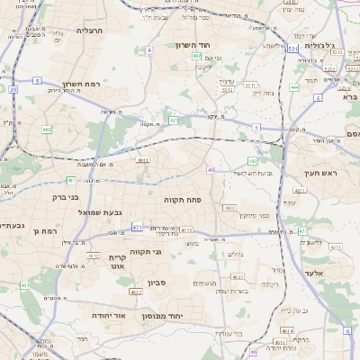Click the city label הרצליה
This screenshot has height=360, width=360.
pyautogui.click(x=91, y=31)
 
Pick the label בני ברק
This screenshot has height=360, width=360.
pyautogui.click(x=65, y=195)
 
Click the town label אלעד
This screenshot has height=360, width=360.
pyautogui.click(x=338, y=272)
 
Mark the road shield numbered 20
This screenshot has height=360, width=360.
pyautogui.click(x=13, y=89)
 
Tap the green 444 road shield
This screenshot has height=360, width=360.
pyautogui.click(x=294, y=87)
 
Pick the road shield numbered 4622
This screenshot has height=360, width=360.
pyautogui.click(x=136, y=291)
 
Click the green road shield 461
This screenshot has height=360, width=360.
pyautogui.click(x=24, y=285)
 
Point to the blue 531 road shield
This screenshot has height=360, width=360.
pyautogui.click(x=292, y=48)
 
